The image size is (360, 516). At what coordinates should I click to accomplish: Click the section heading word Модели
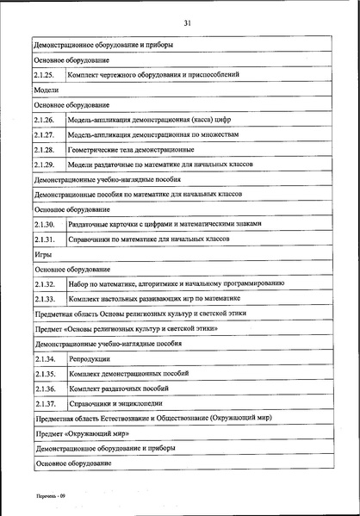pos(46,90)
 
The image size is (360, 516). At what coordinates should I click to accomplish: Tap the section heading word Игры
pos(43,253)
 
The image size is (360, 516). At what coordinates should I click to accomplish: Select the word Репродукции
pos(90,357)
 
